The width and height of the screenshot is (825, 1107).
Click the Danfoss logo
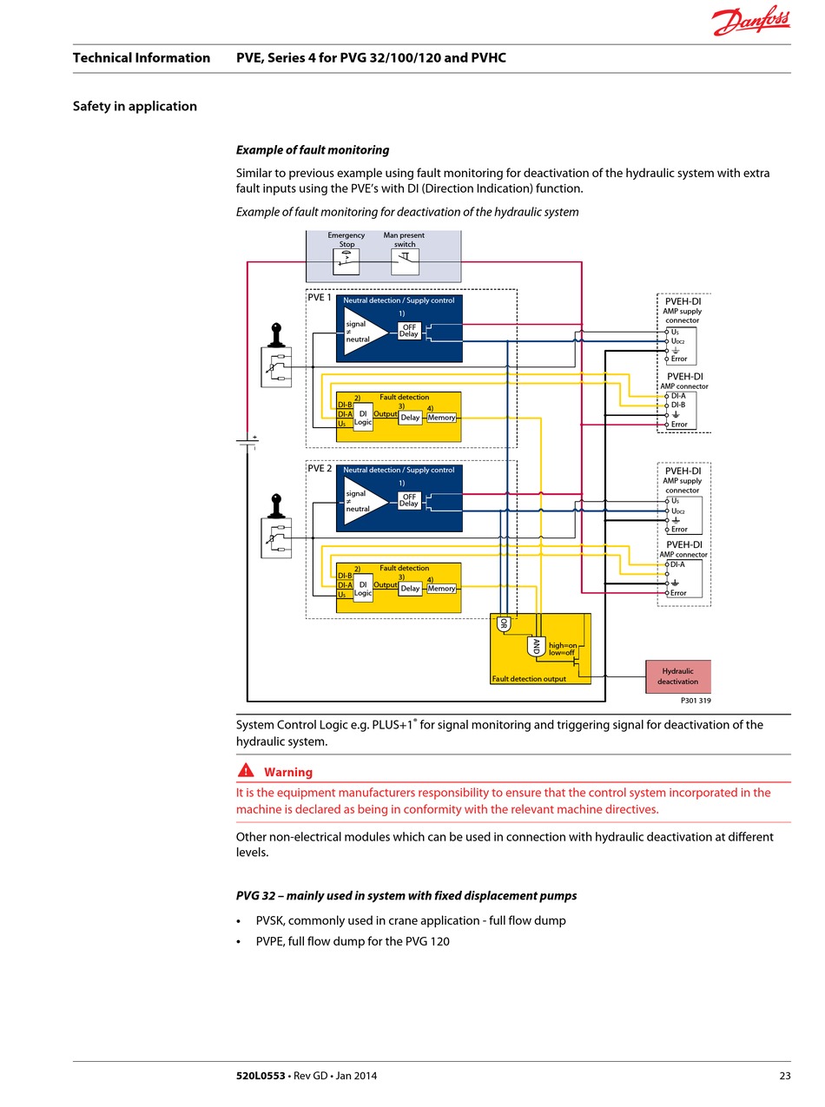[x=750, y=21]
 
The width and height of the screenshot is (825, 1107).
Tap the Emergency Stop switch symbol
[x=346, y=261]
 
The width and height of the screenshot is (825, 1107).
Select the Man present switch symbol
[x=405, y=261]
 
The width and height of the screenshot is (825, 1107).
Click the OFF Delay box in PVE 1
[x=409, y=331]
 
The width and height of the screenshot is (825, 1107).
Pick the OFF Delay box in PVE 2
[x=409, y=500]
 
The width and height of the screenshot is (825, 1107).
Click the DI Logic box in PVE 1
[x=362, y=418]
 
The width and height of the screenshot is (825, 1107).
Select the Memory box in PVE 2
[x=441, y=589]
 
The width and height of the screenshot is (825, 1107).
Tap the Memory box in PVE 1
[x=441, y=418]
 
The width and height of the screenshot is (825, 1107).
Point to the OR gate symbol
[x=504, y=624]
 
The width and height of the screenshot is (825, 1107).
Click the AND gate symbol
[x=536, y=647]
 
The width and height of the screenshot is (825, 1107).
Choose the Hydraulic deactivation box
[x=677, y=676]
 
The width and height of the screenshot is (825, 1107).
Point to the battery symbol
[x=247, y=442]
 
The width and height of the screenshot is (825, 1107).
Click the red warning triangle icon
[x=246, y=771]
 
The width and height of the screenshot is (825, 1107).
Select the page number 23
[x=784, y=1076]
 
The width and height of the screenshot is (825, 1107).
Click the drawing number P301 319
[x=696, y=701]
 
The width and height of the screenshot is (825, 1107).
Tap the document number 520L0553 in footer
[x=261, y=1076]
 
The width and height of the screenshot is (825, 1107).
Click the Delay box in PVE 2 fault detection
[x=410, y=589]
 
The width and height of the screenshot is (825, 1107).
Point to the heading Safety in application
[x=135, y=106]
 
